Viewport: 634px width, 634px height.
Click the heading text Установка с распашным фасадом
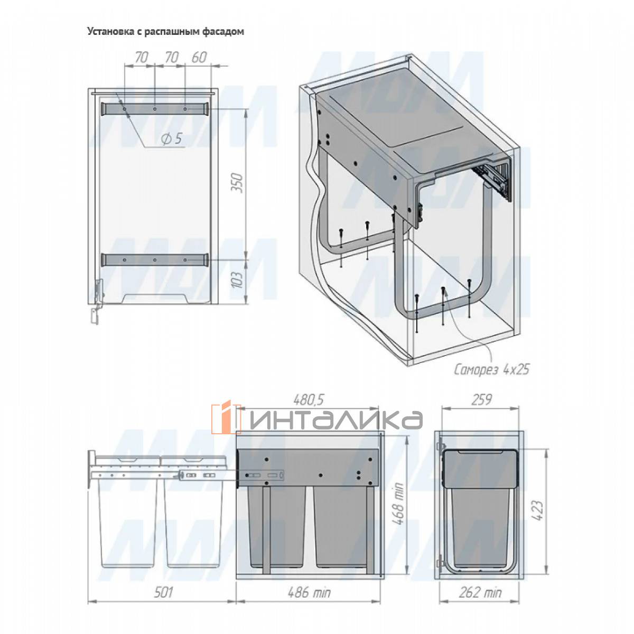coord(165,31)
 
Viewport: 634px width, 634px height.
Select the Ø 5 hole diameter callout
coord(171,139)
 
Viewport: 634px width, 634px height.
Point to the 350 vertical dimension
coord(238,183)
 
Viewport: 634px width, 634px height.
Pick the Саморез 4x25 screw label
coord(492,370)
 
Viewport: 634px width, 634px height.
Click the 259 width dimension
coord(481,399)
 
